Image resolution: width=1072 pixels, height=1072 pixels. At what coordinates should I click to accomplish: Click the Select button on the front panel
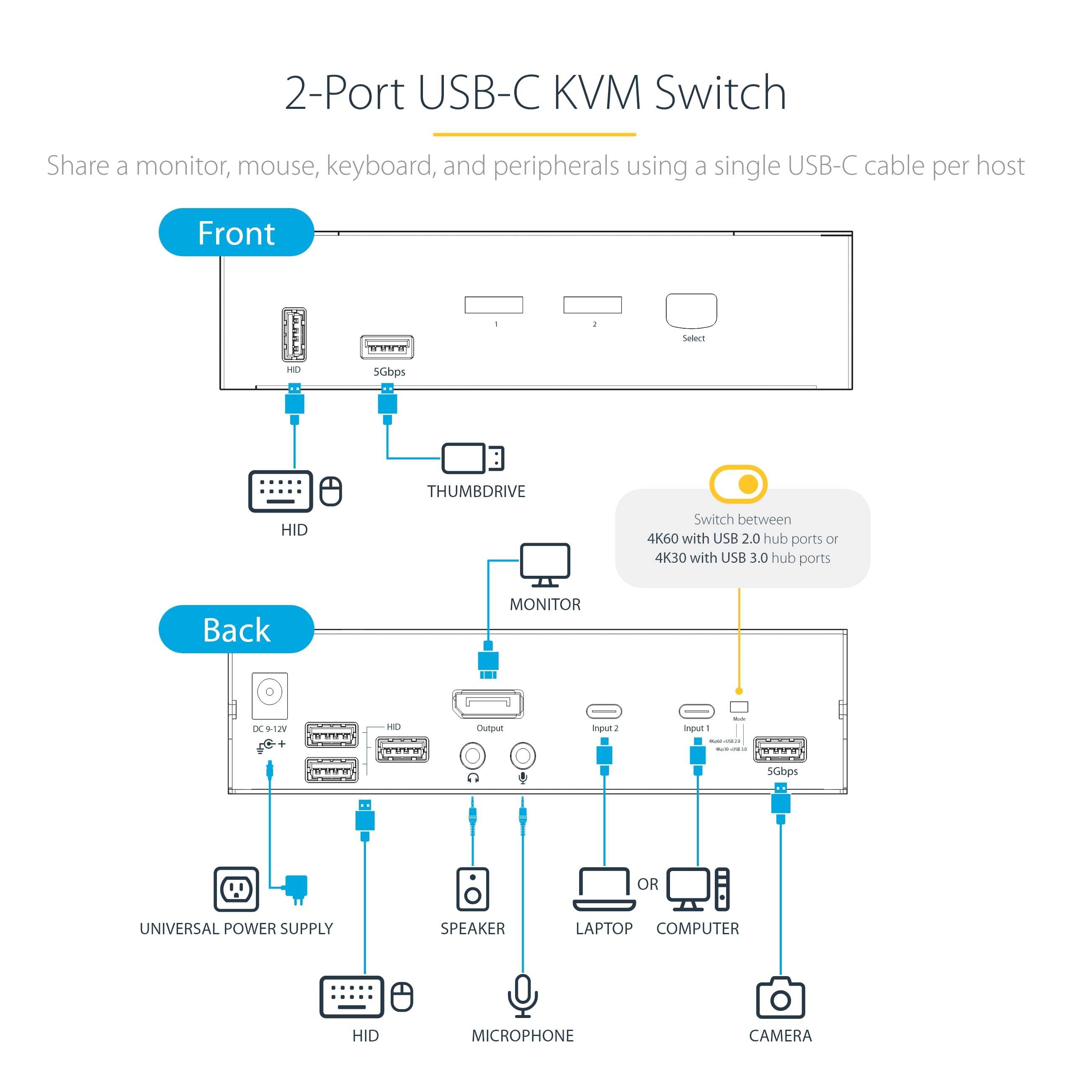[691, 311]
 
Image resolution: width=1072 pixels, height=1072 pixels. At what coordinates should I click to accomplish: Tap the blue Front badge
[236, 232]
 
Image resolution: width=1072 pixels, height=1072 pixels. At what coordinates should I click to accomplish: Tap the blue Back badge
[236, 629]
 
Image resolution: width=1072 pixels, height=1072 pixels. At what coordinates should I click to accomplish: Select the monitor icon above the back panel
[544, 565]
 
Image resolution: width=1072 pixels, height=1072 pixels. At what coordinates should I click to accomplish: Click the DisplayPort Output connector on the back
[488, 703]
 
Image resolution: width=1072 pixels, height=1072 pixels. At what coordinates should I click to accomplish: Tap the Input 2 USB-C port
[604, 711]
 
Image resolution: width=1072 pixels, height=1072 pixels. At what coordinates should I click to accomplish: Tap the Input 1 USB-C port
[696, 711]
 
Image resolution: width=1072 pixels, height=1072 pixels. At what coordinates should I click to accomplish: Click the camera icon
[780, 998]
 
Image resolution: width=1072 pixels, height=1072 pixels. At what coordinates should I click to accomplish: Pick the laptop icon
[604, 889]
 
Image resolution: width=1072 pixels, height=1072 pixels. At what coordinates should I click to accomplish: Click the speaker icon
[472, 889]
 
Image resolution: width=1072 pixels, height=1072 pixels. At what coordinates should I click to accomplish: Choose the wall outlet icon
[236, 889]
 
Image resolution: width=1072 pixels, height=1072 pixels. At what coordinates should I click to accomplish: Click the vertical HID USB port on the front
[294, 335]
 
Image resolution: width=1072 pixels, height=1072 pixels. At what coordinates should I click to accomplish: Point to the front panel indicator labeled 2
[593, 304]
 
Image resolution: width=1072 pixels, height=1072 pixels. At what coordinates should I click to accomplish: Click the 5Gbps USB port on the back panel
[780, 750]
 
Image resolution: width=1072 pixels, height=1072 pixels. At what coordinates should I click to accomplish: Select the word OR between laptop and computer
[647, 884]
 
